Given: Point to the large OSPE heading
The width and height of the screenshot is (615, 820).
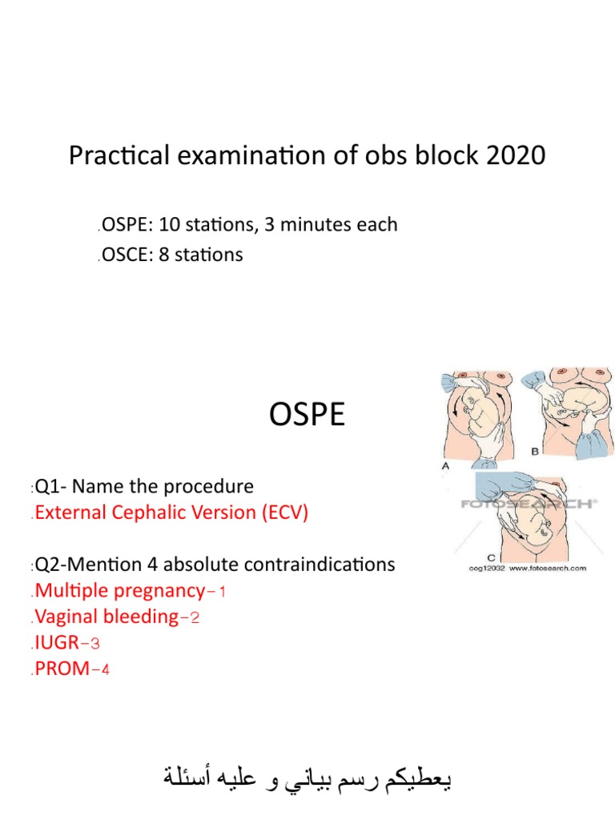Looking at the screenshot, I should (x=305, y=416).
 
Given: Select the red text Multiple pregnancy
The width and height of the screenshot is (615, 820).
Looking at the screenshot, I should (x=119, y=591).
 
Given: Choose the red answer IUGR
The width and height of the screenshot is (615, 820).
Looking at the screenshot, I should (x=58, y=642).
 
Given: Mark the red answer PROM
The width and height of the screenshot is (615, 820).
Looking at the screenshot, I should (x=62, y=668).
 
